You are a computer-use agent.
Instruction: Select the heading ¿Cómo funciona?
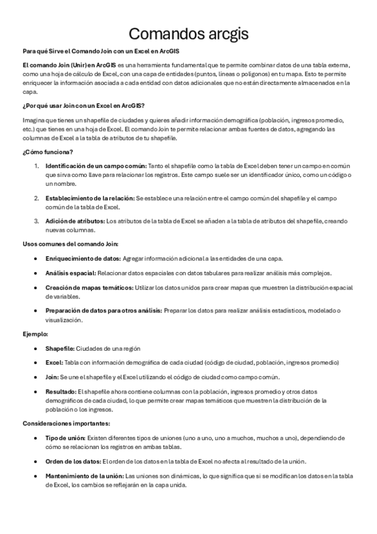pyautogui.click(x=48, y=152)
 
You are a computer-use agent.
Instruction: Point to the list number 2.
pyautogui.click(x=37, y=198)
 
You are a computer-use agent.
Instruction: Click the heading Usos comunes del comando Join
pyautogui.click(x=70, y=244)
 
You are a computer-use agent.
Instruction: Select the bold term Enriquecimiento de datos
pyautogui.click(x=82, y=258)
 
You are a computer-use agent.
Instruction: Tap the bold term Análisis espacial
pyautogui.click(x=70, y=273)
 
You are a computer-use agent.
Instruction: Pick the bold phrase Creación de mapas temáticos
pyautogui.click(x=89, y=287)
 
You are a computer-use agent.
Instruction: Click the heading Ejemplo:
pyautogui.click(x=35, y=333)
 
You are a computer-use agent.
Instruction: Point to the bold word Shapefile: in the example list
pyautogui.click(x=60, y=348)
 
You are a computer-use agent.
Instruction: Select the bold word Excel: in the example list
pyautogui.click(x=54, y=363)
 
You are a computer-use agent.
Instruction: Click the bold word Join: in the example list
pyautogui.click(x=53, y=377)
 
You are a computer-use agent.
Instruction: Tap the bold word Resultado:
pyautogui.click(x=60, y=391)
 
